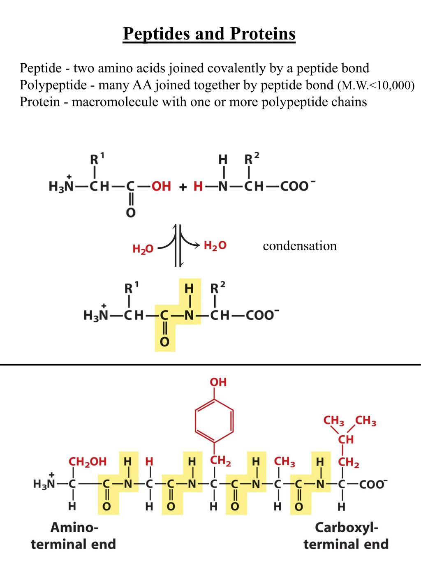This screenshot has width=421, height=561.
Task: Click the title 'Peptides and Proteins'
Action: coord(209,34)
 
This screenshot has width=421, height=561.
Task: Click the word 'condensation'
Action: coord(300,246)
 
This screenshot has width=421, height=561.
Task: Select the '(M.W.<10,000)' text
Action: coord(376,86)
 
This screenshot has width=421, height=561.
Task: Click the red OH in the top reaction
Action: coord(161,187)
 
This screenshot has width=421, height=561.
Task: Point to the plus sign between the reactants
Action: coord(183,187)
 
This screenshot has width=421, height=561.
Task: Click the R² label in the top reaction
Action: coord(251,159)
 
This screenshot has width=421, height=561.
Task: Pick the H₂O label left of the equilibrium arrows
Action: coord(143,249)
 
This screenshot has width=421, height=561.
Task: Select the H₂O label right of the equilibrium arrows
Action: coord(215,246)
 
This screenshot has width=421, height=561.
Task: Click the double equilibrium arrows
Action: coord(178,246)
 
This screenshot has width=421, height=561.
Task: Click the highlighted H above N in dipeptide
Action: coord(189,288)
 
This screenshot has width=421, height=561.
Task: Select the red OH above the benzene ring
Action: coord(218,382)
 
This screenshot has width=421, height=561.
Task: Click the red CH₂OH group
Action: coord(87,462)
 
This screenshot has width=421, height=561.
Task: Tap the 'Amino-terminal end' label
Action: coord(74,536)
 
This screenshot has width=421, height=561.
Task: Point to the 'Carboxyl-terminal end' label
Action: coord(346,536)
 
